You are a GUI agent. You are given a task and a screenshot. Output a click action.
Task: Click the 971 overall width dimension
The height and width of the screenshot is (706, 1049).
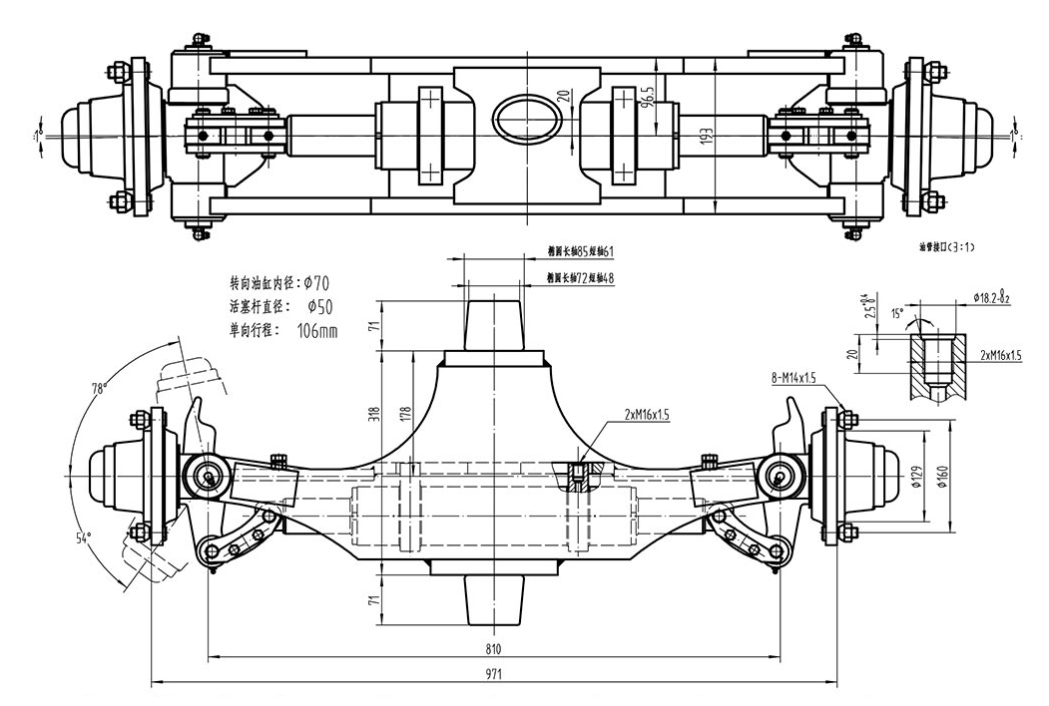coord(493,675)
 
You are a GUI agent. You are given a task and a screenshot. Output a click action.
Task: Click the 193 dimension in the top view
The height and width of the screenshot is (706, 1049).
coord(706,138)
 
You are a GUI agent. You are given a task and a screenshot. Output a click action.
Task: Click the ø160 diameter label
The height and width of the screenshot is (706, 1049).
coord(943,477)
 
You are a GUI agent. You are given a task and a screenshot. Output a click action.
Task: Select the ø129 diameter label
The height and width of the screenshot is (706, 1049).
coord(917,477)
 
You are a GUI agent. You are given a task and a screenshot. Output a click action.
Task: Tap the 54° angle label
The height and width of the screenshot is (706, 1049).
coord(84,536)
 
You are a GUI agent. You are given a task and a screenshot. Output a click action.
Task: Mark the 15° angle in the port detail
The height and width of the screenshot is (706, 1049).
coord(896,313)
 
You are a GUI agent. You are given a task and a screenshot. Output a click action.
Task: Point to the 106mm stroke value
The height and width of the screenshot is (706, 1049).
coord(318,330)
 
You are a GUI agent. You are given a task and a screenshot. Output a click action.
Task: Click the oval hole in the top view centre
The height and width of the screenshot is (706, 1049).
coord(523,117)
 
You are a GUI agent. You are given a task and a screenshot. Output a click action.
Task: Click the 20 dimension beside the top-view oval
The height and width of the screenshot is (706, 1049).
coord(565,97)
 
